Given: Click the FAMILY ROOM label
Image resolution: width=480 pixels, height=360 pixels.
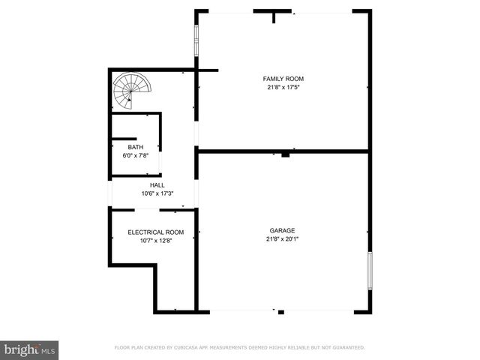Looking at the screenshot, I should pyautogui.click(x=283, y=78).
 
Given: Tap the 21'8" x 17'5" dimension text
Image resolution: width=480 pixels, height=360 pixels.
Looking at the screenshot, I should pyautogui.click(x=283, y=87).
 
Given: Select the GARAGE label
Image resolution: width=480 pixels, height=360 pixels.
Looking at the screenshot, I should pyautogui.click(x=283, y=230).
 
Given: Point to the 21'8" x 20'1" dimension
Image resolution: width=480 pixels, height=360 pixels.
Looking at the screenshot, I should pyautogui.click(x=283, y=239).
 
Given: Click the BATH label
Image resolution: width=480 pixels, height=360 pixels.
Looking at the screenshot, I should pyautogui.click(x=135, y=147).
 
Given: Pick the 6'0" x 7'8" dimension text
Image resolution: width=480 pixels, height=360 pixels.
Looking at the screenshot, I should pyautogui.click(x=135, y=155).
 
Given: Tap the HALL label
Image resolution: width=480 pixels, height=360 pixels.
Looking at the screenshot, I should pyautogui.click(x=157, y=185).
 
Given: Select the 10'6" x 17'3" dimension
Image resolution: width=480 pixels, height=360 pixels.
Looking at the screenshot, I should pyautogui.click(x=157, y=193).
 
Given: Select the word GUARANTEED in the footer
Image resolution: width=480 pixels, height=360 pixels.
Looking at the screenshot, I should pyautogui.click(x=346, y=347).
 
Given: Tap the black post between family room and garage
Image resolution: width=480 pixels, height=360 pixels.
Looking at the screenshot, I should pyautogui.click(x=285, y=155).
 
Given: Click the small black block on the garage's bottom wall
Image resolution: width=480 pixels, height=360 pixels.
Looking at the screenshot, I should pyautogui.click(x=280, y=312).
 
